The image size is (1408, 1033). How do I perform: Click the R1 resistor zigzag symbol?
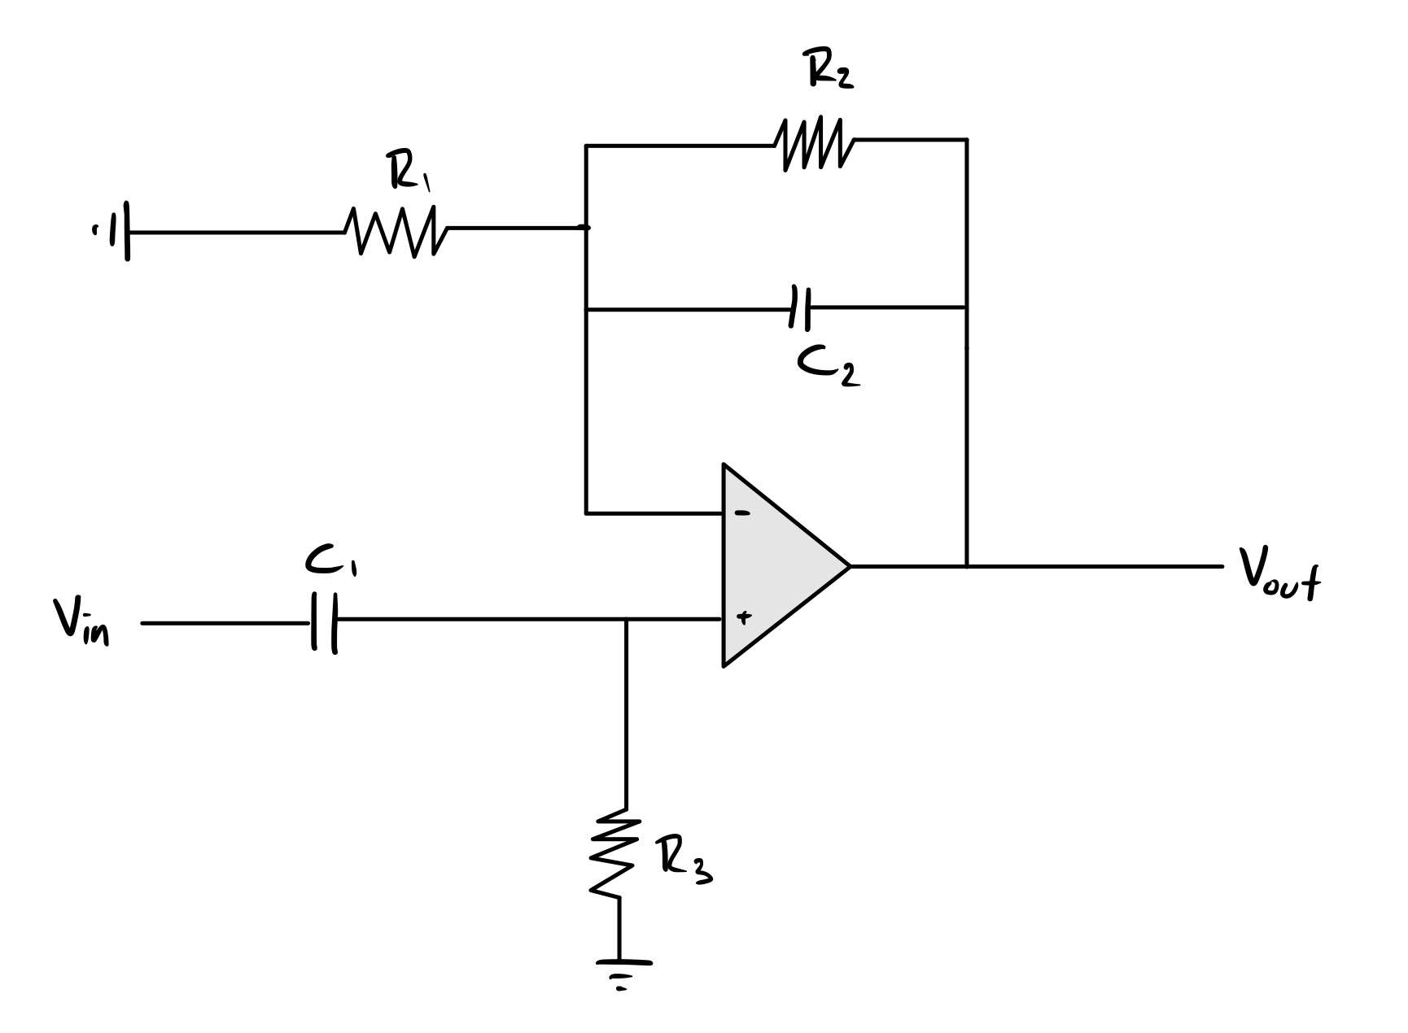(x=396, y=231)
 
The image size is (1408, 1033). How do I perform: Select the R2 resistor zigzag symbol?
(x=815, y=145)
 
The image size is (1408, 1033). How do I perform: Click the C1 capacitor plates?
(x=324, y=623)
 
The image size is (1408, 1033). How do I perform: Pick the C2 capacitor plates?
(x=799, y=308)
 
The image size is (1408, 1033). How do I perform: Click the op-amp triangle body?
(x=773, y=565)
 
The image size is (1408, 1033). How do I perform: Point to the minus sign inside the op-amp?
(x=742, y=513)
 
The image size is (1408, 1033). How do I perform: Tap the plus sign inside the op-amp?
(x=742, y=617)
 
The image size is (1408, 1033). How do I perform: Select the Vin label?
(x=82, y=621)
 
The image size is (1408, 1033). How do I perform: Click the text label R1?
(x=409, y=172)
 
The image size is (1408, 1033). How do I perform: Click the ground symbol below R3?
(x=623, y=972)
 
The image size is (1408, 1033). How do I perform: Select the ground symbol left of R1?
(x=118, y=233)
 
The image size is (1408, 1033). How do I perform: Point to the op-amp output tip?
(x=849, y=565)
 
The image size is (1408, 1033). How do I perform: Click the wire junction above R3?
(x=626, y=621)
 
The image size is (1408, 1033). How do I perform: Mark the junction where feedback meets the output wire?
(x=966, y=565)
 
